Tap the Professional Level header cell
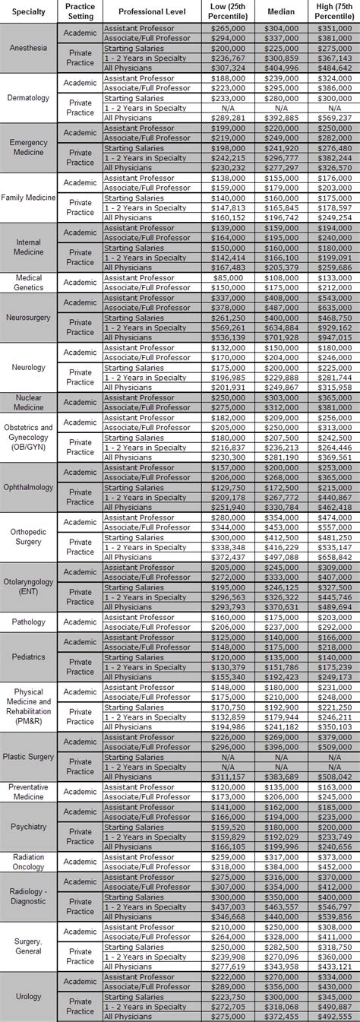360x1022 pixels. tap(154, 11)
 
